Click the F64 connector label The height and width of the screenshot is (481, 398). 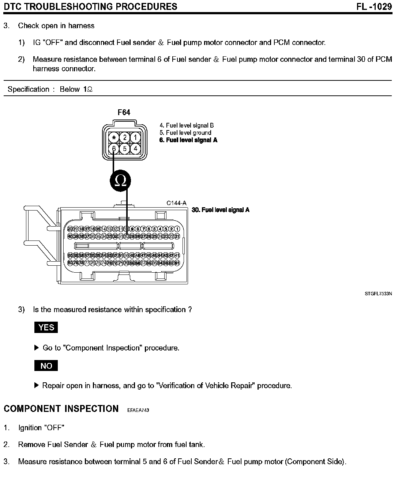[124, 113]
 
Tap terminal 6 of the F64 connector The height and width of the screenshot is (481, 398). [114, 149]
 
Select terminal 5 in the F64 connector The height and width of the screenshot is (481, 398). [125, 149]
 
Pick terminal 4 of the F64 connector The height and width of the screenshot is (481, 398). [135, 149]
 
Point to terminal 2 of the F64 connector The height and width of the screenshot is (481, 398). [125, 137]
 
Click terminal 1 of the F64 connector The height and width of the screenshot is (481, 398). [135, 137]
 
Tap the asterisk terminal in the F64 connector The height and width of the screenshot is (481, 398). [114, 138]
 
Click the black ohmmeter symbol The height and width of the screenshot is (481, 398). [120, 180]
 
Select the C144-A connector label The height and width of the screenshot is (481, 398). [176, 203]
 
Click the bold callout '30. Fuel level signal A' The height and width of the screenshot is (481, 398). [221, 210]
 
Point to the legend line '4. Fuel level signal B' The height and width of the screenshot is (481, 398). [187, 125]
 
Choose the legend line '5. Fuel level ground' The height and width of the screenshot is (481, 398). [185, 133]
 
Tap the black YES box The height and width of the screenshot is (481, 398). [46, 327]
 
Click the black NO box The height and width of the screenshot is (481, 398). [46, 366]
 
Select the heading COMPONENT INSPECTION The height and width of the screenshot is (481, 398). [61, 409]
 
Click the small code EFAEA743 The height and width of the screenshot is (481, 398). [138, 410]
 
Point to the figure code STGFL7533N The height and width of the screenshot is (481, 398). [378, 293]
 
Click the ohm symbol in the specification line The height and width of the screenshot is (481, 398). [90, 90]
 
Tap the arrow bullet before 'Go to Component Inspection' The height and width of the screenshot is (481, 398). [36, 348]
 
